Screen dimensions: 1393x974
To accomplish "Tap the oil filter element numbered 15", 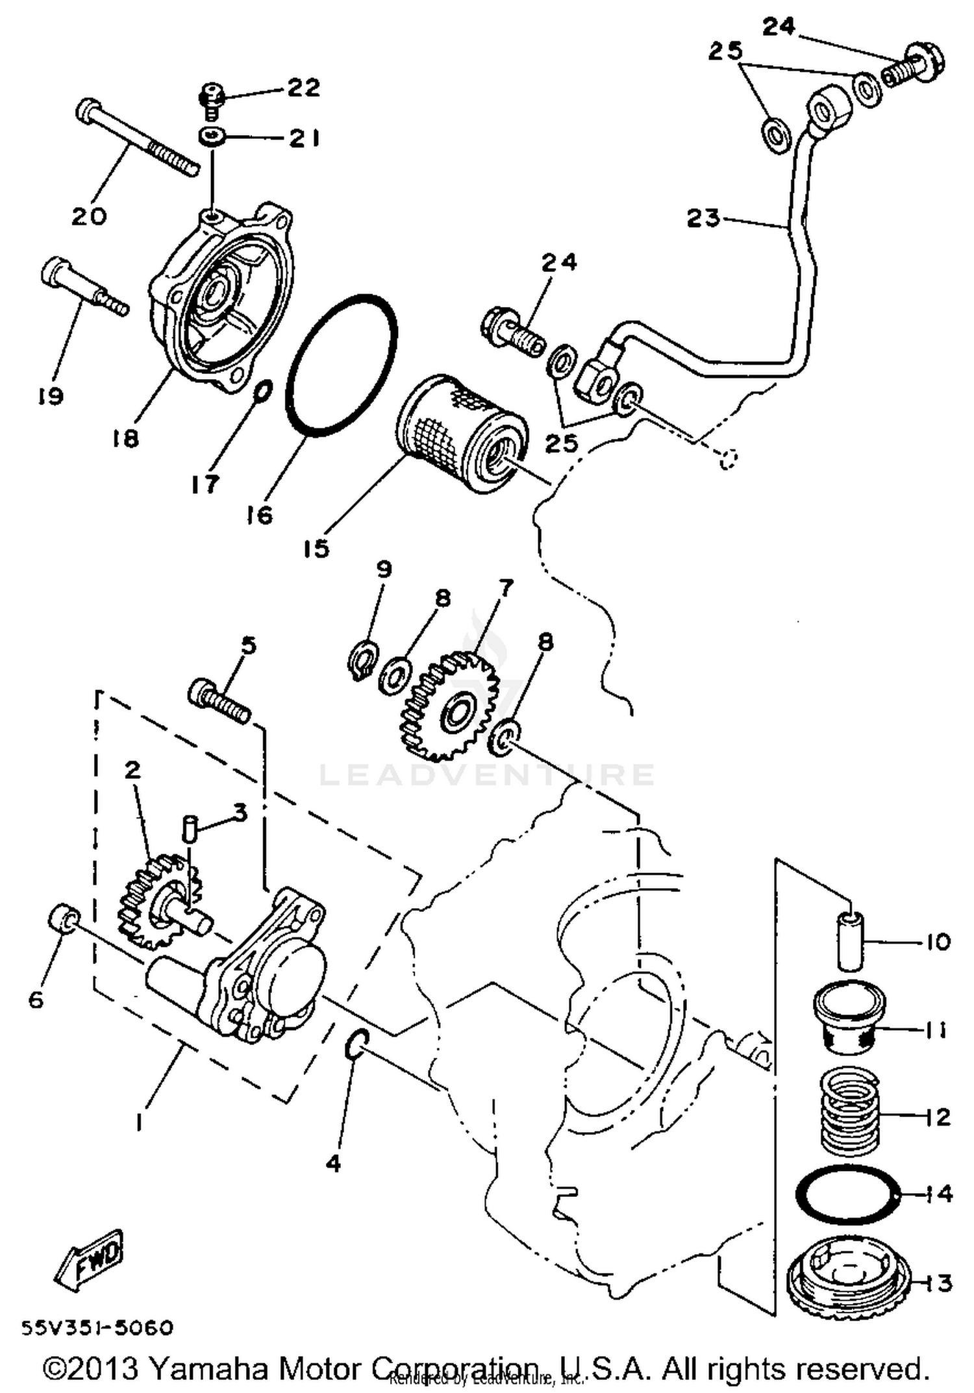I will coord(461,433).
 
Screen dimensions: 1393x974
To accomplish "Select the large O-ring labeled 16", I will coord(341,365).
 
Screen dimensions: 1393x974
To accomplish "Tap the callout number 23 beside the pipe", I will coord(703,217).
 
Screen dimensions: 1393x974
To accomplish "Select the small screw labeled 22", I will coord(210,101).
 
